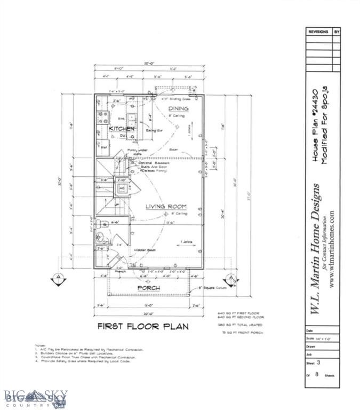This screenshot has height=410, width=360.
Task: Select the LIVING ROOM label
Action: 166,206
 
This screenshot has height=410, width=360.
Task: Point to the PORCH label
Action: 149,288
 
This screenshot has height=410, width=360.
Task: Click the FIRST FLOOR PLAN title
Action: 142,325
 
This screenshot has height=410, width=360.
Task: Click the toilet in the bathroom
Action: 102,224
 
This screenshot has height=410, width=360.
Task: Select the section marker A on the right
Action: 230,279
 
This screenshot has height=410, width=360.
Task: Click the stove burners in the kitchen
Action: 101,117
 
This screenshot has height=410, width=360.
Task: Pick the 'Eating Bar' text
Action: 155,130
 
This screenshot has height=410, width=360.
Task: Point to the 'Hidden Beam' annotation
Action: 144,249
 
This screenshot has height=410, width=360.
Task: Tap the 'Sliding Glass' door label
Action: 177,99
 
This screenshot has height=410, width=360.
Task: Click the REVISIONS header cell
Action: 318,32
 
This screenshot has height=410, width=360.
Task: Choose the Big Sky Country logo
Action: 35,397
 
